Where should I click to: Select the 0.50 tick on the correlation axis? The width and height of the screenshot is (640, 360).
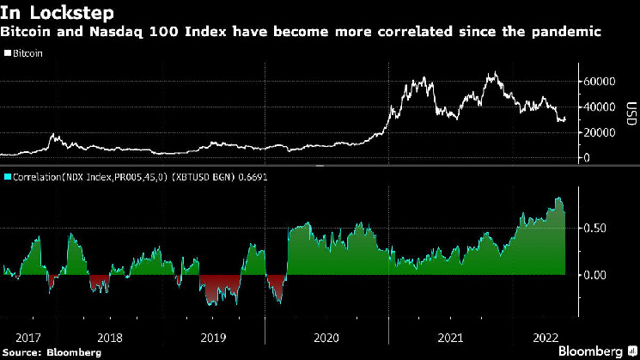[594, 228]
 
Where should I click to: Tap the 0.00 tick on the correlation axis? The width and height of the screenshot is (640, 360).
[594, 275]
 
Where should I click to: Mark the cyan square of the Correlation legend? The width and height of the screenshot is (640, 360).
[7, 177]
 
